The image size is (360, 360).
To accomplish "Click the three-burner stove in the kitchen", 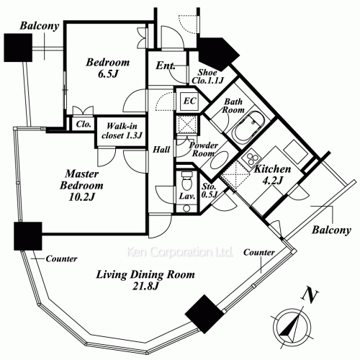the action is point(251,158).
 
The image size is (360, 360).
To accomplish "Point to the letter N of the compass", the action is point(310,295).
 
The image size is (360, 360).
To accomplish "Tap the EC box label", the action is point(189,101).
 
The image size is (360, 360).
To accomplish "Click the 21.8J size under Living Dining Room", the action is point(145,286).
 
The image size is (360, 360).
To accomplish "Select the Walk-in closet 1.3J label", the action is point(122,131).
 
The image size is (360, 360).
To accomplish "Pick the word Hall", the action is point(161,150).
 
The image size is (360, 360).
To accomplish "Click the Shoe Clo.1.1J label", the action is point(208,76).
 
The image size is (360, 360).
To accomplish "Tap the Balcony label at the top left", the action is point(40,26).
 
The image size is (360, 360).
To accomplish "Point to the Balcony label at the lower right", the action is point(331,230).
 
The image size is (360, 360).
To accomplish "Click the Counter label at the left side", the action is point(61,258).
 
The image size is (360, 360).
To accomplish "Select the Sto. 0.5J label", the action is point(209,190).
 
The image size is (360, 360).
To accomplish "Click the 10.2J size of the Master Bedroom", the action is point(82,197).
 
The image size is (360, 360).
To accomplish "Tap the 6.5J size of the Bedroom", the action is point(108,74).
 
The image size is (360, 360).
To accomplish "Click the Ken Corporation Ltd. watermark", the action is point(180,252).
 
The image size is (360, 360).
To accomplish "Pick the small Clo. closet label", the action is point(84,125).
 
